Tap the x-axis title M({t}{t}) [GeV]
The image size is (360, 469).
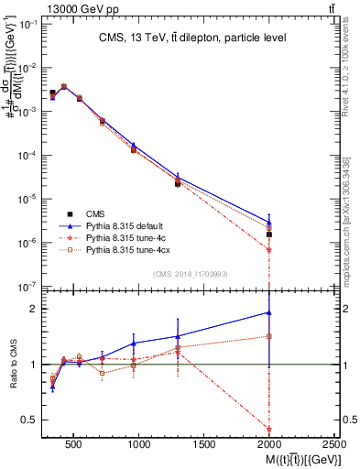pyautogui.click(x=292, y=459)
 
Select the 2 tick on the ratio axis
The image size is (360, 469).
pyautogui.click(x=32, y=309)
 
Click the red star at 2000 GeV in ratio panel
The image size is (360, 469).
pyautogui.click(x=269, y=429)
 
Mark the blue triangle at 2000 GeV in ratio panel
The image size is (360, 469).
pyautogui.click(x=269, y=312)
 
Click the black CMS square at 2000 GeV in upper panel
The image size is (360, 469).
pyautogui.click(x=269, y=234)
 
